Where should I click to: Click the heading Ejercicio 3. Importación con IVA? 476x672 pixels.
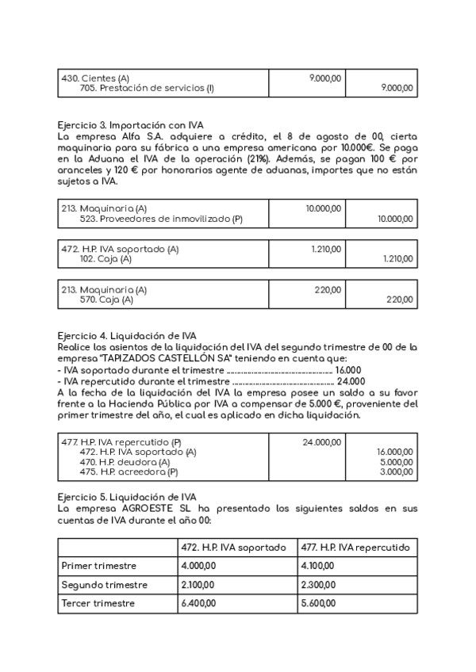[x=131, y=125]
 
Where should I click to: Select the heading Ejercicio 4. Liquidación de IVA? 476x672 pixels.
[x=128, y=335]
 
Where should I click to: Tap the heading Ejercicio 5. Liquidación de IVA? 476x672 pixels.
[x=128, y=497]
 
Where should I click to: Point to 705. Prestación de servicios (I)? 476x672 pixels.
[x=147, y=89]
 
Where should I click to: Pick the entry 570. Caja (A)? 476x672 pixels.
[x=106, y=300]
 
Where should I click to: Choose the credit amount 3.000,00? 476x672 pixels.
[x=397, y=472]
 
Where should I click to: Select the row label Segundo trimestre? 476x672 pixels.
[x=104, y=585]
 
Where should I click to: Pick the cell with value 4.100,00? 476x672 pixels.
[x=317, y=566]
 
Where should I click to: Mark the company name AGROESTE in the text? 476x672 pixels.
[x=131, y=509]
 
